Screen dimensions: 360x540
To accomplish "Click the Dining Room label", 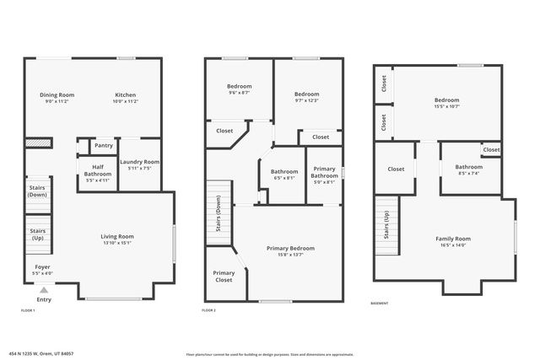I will pos(57,94).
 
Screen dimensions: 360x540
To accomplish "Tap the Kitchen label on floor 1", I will pos(126,94).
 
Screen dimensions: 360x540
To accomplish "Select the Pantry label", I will pos(104,145).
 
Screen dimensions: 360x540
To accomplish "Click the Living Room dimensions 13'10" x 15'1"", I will pos(118,244).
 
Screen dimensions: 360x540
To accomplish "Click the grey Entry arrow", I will pos(43,289).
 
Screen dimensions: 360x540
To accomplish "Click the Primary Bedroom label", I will pos(290,248).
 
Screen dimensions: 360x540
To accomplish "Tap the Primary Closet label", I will pos(224,277).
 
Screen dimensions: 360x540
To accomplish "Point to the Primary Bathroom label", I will pos(324,172).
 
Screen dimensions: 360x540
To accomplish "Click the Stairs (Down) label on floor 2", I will pos(219,214).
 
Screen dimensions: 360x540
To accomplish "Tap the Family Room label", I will pos(453,239).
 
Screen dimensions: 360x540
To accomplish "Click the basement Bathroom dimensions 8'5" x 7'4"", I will pos(468,173).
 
